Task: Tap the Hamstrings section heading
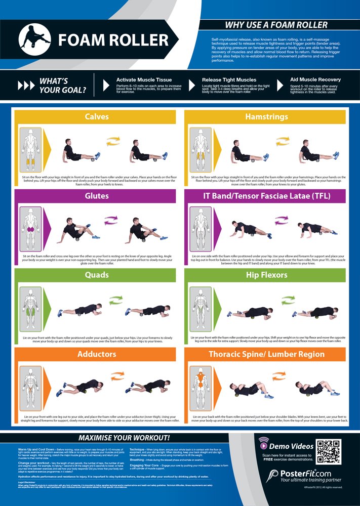(x=266, y=116)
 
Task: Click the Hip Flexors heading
(x=266, y=275)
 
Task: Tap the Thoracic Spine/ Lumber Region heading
(x=266, y=354)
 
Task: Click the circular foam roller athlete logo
(x=34, y=40)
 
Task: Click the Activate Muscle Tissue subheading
(x=144, y=80)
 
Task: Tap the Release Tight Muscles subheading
(x=229, y=80)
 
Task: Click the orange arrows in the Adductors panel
(x=116, y=376)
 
